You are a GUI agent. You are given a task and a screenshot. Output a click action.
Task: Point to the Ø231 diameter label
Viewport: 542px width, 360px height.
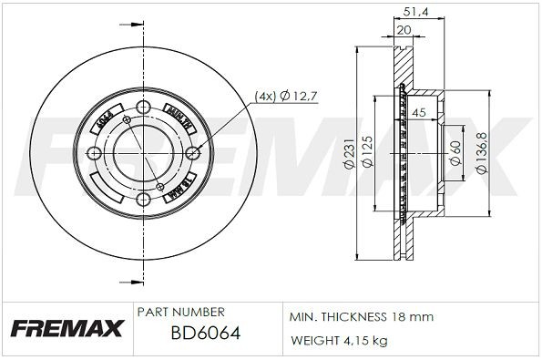pyautogui.click(x=348, y=159)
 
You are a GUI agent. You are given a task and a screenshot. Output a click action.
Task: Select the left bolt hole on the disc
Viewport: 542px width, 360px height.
pyautogui.click(x=96, y=154)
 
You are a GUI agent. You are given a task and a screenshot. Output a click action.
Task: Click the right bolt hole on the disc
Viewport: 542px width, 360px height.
pyautogui.click(x=190, y=154)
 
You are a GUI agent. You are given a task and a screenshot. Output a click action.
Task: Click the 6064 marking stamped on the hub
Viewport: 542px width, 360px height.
pyautogui.click(x=104, y=119)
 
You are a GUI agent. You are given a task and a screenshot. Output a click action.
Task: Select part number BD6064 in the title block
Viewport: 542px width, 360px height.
pyautogui.click(x=205, y=334)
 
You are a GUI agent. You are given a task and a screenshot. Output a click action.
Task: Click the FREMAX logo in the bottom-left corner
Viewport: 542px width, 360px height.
pyautogui.click(x=66, y=327)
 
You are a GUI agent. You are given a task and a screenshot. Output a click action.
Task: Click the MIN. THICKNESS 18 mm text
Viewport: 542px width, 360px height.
pyautogui.click(x=361, y=317)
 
